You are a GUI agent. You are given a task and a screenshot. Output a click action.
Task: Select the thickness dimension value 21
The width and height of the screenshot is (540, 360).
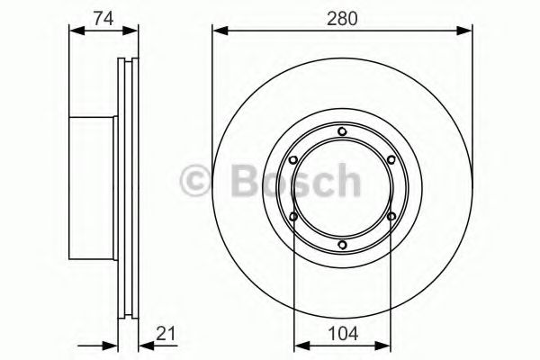(x=164, y=334)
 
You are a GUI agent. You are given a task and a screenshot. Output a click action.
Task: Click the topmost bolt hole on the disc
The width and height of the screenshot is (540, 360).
(x=342, y=132)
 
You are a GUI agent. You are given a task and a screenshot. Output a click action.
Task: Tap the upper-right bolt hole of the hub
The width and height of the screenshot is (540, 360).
(x=390, y=160)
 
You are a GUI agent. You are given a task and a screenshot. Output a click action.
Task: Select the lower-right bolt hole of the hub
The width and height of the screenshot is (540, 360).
(x=390, y=216)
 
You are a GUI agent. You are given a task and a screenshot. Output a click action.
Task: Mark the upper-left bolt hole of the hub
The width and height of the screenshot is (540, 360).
(x=294, y=160)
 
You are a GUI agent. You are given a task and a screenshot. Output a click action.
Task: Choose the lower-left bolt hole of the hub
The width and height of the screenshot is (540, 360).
(x=294, y=216)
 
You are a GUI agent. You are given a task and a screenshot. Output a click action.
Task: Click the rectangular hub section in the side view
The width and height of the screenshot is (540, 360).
(x=94, y=187)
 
